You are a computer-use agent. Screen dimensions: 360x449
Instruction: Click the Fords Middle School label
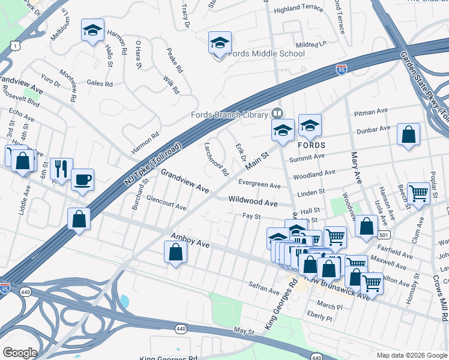(x=267, y=53)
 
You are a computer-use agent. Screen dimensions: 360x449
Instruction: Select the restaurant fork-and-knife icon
(x=61, y=169)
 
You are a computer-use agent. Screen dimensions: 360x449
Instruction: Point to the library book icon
(x=277, y=113)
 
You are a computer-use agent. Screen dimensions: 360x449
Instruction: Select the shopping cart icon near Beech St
(x=418, y=193)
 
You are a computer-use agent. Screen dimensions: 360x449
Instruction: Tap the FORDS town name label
(x=311, y=146)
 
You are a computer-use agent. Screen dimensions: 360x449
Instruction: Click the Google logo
(x=19, y=353)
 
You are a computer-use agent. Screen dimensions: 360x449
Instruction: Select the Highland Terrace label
(x=298, y=10)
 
